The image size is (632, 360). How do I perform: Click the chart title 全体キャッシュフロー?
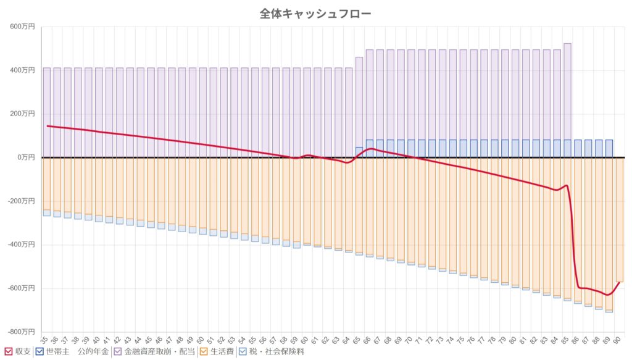coord(315,13)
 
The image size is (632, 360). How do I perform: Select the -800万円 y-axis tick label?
coord(22,332)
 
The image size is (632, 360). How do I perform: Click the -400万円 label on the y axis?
coord(22,245)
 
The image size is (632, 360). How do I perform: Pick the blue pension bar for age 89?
coord(609,148)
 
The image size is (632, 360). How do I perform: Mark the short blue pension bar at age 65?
coord(359,152)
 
